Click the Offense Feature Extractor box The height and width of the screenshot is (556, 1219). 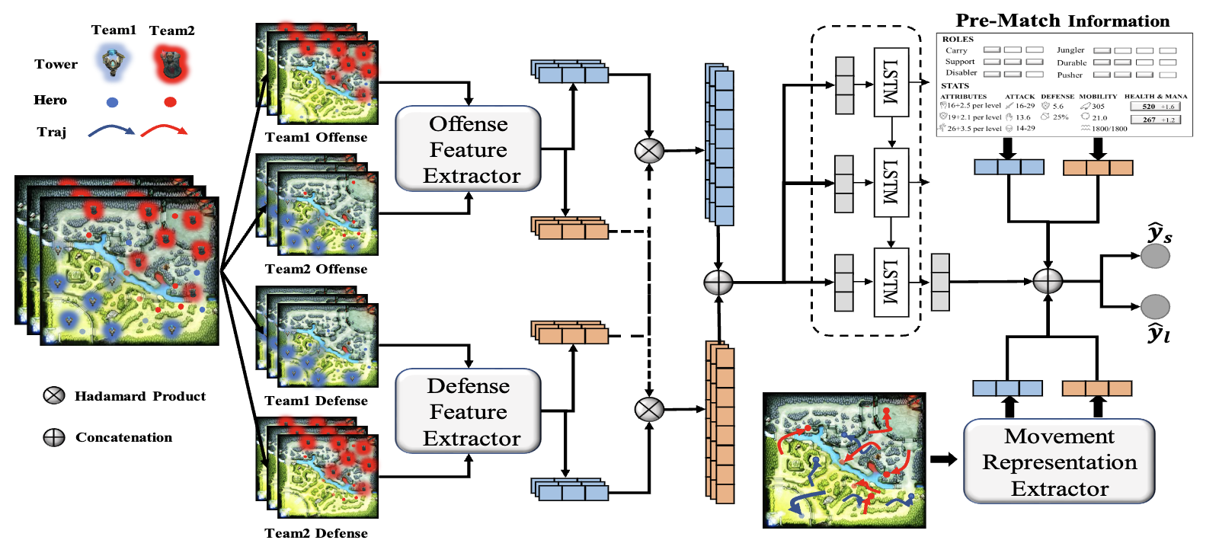[468, 149]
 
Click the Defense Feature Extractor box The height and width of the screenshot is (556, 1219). [468, 411]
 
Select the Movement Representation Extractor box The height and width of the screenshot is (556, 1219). [1059, 462]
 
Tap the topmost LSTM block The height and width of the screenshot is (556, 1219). [891, 82]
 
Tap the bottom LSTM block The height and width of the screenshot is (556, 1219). [891, 281]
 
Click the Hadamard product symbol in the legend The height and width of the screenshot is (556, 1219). [54, 395]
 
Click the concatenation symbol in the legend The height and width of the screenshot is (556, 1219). [54, 437]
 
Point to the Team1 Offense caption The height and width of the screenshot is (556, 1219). [316, 138]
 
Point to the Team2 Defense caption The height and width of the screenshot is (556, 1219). [316, 533]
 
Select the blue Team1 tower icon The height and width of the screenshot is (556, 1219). [114, 62]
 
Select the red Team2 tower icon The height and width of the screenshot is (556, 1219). [171, 63]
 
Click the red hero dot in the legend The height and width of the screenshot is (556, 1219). [171, 101]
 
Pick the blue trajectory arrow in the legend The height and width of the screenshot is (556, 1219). [111, 131]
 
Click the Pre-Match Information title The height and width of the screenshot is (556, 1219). [1062, 21]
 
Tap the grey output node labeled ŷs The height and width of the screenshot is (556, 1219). [1155, 256]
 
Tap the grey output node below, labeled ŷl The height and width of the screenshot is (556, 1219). [1155, 306]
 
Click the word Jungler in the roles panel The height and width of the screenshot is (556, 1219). [1070, 50]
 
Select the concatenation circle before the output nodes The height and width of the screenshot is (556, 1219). [1048, 281]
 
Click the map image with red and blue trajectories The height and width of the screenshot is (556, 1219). [844, 460]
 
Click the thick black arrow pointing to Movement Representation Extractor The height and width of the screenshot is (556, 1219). [943, 459]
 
